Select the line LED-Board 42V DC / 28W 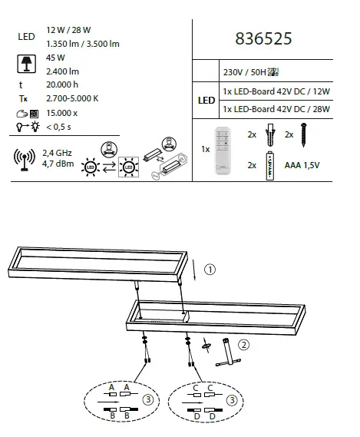coord(275,109)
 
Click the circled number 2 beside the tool coord(243,344)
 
